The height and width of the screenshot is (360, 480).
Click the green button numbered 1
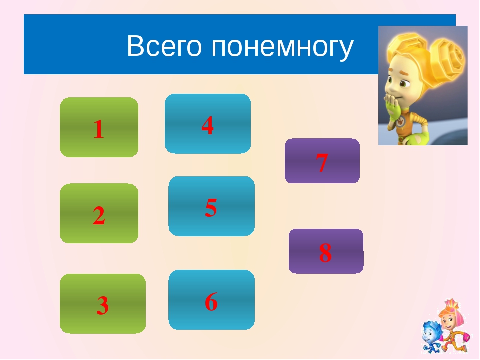(99, 127)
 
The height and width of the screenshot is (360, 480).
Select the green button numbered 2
(99, 213)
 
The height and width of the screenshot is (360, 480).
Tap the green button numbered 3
(103, 303)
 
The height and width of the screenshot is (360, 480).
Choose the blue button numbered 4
(208, 124)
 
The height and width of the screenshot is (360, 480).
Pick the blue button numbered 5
(211, 206)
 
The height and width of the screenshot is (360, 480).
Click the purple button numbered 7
(322, 161)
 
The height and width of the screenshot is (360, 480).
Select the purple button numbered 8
(326, 251)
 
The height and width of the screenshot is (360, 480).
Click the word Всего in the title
(164, 46)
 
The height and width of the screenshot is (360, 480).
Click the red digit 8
(325, 253)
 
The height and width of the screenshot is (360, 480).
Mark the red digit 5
(211, 208)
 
